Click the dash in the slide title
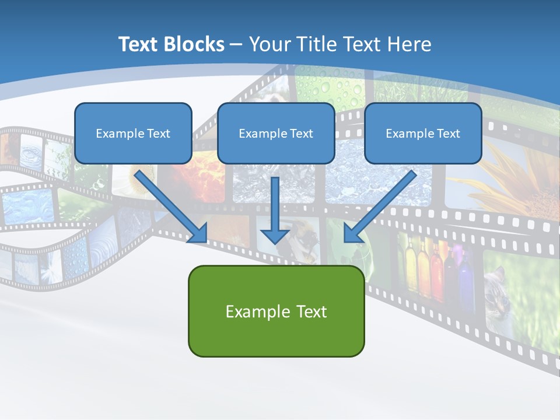(237, 44)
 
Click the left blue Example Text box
(133, 133)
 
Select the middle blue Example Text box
(276, 133)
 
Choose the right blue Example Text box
(423, 133)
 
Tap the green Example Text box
(276, 311)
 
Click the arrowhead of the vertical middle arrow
(275, 235)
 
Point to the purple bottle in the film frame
(465, 274)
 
